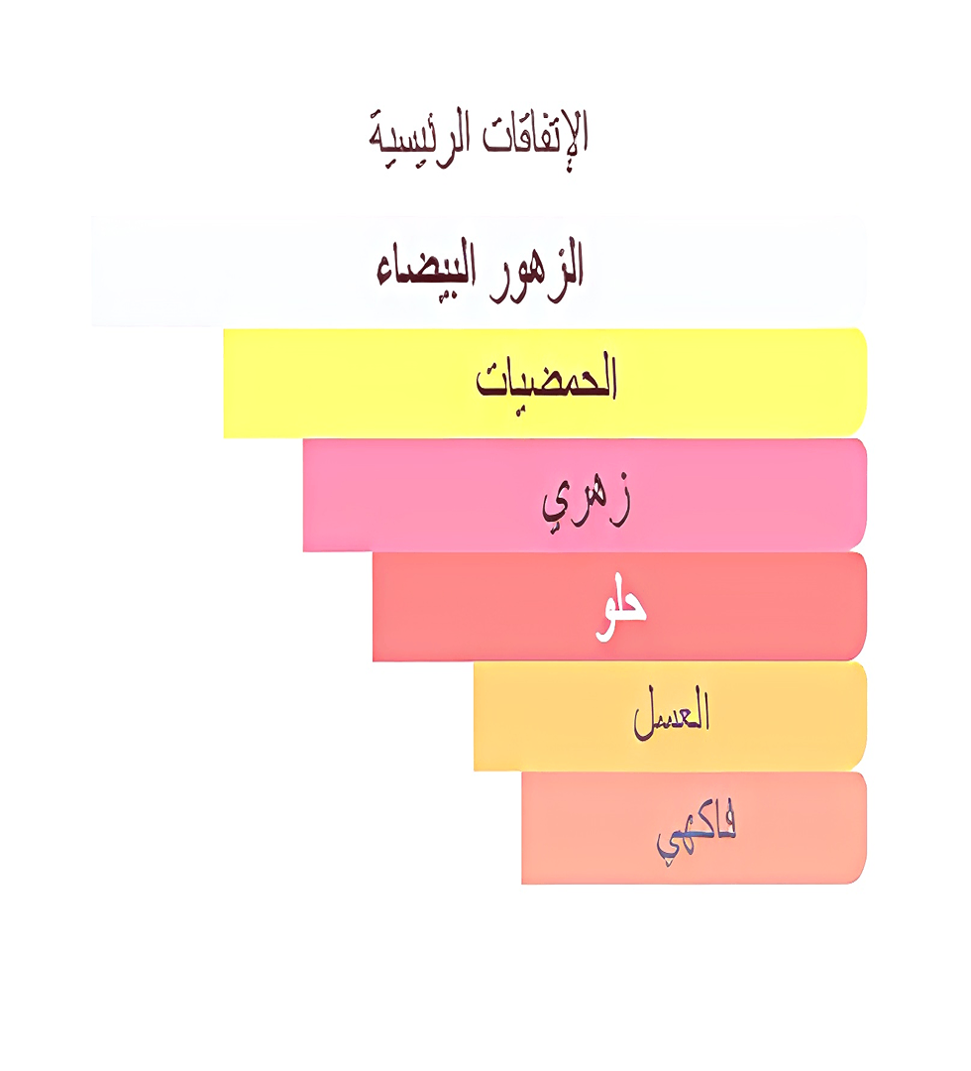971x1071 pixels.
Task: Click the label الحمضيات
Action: [546, 380]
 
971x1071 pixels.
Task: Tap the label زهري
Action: [586, 500]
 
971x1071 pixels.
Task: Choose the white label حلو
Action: [620, 607]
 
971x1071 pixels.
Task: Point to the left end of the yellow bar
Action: [230, 383]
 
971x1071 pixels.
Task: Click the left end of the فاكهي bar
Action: [528, 827]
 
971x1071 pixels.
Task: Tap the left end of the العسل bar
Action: [480, 716]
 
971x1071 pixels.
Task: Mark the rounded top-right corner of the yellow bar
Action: [860, 336]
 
